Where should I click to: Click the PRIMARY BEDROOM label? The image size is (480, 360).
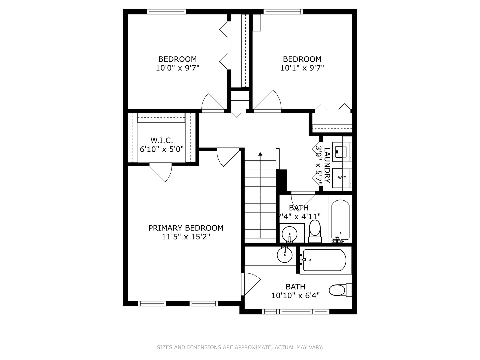click(x=186, y=228)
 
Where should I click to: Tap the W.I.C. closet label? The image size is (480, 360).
click(x=162, y=140)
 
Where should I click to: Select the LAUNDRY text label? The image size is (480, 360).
click(x=327, y=165)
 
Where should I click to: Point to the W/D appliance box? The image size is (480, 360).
click(x=342, y=178)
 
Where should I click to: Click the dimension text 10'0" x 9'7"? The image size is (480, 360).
click(x=177, y=68)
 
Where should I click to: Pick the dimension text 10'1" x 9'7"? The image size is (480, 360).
click(x=302, y=68)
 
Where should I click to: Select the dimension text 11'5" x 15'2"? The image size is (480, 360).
click(x=186, y=237)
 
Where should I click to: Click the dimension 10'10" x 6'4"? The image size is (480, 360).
click(x=295, y=295)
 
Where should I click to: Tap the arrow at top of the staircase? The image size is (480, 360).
click(x=260, y=154)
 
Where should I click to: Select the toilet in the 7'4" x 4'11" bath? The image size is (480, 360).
click(x=315, y=229)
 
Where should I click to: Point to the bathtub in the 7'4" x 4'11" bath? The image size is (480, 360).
click(x=340, y=220)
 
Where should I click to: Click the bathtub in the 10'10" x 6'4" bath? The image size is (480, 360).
click(x=323, y=260)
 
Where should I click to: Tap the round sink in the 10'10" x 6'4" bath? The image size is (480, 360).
click(x=285, y=255)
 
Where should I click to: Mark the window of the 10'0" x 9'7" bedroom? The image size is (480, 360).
click(x=167, y=12)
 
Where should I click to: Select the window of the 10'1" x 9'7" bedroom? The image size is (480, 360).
click(x=283, y=12)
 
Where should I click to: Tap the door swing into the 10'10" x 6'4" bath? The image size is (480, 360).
click(x=251, y=283)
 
